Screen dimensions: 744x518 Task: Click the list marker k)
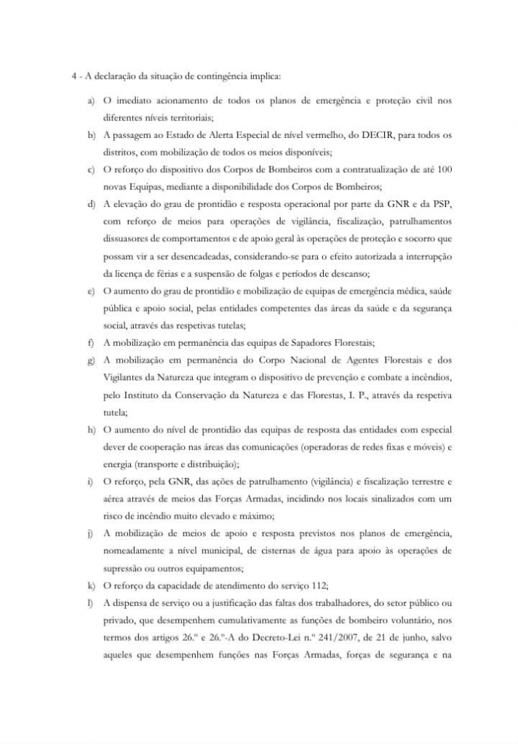coord(91,585)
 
